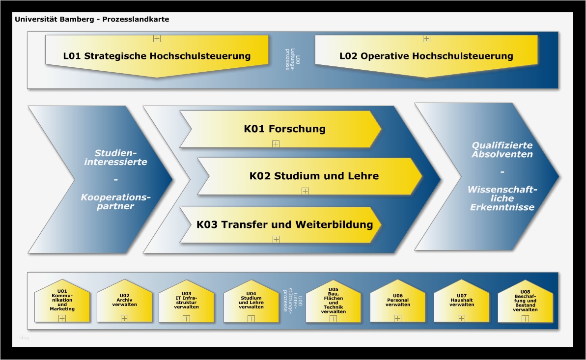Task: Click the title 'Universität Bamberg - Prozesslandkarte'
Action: (92, 20)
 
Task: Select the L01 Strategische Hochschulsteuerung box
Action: (157, 56)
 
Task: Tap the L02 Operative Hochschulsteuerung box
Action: (426, 56)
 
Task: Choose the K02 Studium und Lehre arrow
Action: (314, 176)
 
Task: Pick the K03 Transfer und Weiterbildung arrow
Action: (284, 225)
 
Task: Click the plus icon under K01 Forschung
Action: (276, 144)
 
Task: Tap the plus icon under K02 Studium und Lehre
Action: (305, 191)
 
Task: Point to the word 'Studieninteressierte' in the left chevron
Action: (116, 157)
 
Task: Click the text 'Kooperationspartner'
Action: (116, 202)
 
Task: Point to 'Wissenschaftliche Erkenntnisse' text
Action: (502, 198)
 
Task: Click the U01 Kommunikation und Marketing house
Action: (62, 301)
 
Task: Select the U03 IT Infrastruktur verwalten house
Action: (186, 301)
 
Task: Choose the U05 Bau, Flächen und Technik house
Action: (334, 301)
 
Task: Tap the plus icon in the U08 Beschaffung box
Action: (525, 319)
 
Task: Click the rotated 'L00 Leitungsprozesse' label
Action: (292, 59)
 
